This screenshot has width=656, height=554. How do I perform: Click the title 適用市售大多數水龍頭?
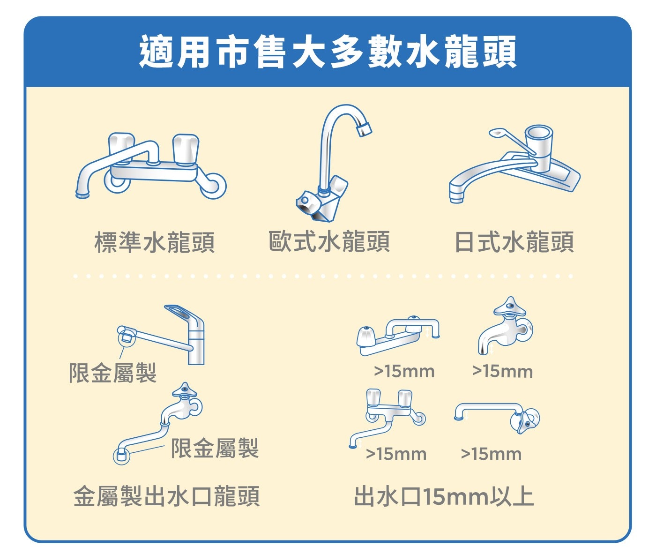[328, 52]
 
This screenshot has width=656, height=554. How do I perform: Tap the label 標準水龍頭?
[155, 242]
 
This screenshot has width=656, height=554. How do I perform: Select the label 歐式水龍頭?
[329, 241]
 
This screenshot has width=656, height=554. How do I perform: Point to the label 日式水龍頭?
[514, 242]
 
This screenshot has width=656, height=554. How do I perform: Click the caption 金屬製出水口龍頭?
[166, 496]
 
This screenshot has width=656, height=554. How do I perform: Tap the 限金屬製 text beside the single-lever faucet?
[112, 373]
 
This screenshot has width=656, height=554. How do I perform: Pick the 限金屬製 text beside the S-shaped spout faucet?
[215, 448]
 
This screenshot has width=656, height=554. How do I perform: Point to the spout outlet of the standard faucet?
[82, 194]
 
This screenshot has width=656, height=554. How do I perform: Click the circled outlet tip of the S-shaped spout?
[121, 456]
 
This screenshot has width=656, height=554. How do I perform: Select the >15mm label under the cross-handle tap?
[502, 371]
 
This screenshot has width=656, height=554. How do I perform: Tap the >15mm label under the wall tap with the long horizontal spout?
[491, 454]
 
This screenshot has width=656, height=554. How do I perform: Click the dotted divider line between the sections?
[323, 276]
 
